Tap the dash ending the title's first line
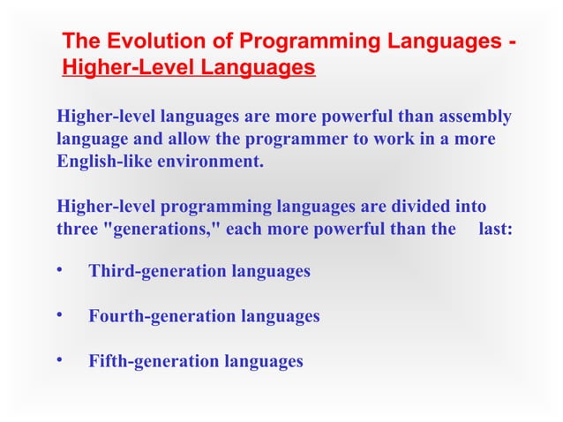coord(512,41)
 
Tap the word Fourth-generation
coord(161,316)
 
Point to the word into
coord(469,207)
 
